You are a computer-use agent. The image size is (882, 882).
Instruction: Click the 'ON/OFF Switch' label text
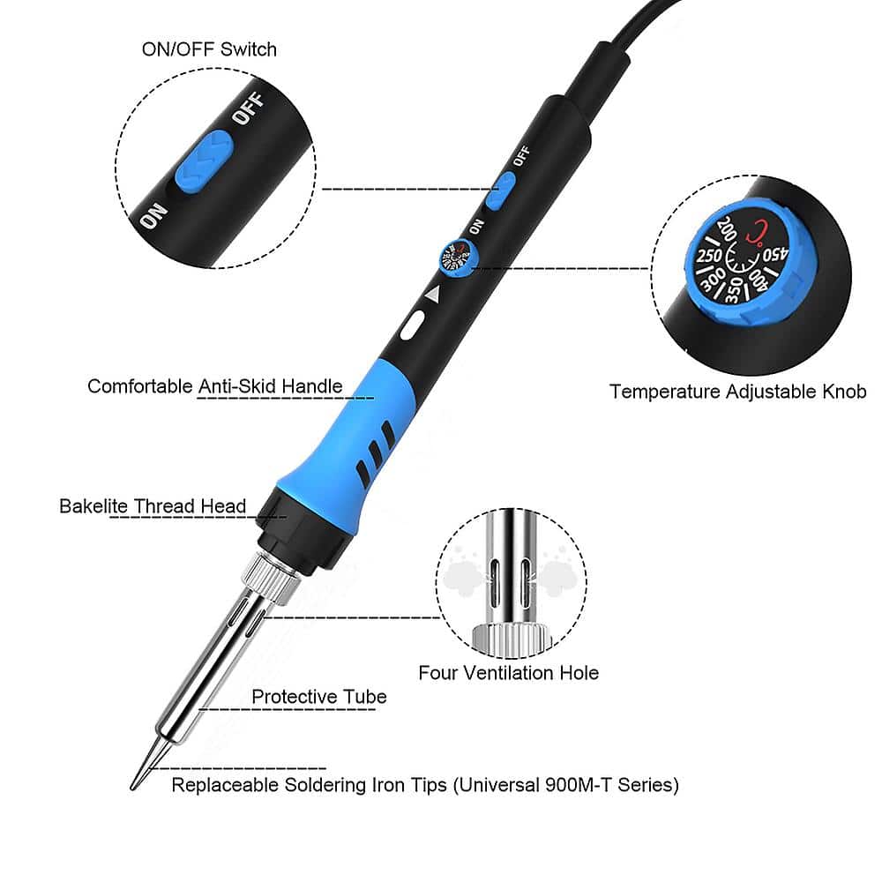(209, 49)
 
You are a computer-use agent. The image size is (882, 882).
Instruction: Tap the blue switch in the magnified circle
(203, 161)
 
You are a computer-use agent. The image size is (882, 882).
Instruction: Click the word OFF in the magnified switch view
(248, 109)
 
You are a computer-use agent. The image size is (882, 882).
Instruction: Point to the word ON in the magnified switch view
(153, 216)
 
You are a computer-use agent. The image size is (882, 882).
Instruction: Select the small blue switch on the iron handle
(500, 191)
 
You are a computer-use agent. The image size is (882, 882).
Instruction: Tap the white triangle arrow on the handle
(432, 295)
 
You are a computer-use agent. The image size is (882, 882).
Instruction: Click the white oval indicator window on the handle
(412, 325)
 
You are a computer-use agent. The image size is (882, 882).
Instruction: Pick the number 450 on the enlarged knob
(776, 254)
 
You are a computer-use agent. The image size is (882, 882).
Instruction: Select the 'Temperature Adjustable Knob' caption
(738, 392)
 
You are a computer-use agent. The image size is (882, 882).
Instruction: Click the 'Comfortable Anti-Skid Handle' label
(215, 386)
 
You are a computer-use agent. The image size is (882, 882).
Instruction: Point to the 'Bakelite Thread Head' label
(153, 506)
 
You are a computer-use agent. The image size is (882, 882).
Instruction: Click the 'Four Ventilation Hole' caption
(509, 673)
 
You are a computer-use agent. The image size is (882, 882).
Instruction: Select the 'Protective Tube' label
(319, 697)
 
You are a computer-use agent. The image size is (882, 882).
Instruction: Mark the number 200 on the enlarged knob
(726, 228)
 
